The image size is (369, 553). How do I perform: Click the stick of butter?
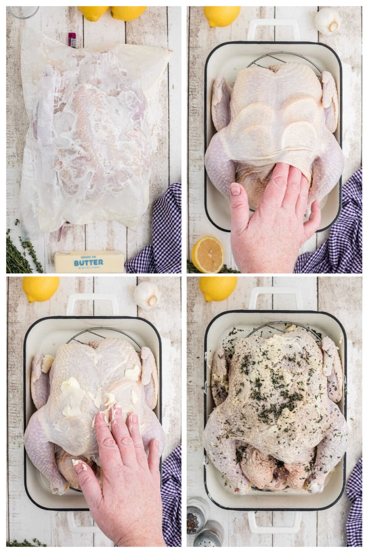click(89, 262)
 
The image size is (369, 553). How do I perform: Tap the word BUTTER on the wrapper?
click(88, 262)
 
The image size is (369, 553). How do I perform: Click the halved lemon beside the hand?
click(208, 254)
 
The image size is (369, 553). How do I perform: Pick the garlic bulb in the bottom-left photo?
click(146, 295)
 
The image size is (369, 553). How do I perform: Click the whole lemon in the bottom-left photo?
click(40, 289)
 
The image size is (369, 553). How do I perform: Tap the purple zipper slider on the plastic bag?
click(72, 40)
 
